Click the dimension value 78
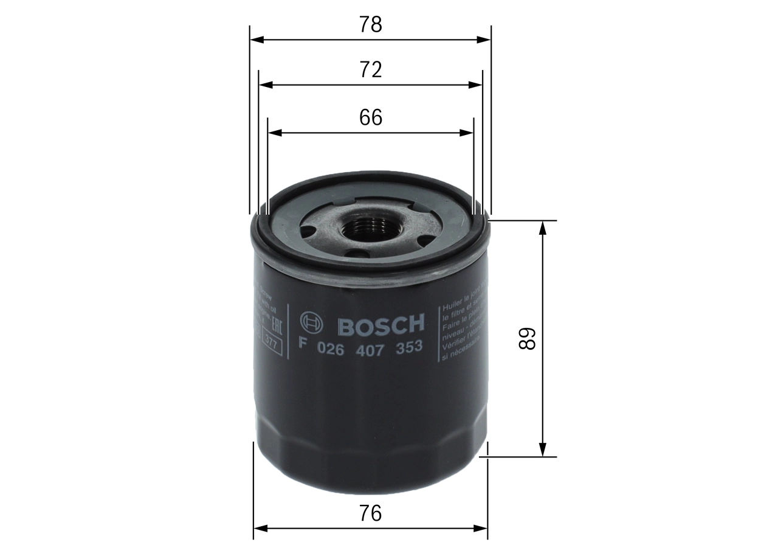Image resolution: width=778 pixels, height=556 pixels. pyautogui.click(x=370, y=24)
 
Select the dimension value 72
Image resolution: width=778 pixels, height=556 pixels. pyautogui.click(x=370, y=70)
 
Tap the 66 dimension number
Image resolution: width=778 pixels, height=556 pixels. pyautogui.click(x=370, y=117)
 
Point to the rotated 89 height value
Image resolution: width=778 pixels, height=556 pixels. pyautogui.click(x=527, y=339)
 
